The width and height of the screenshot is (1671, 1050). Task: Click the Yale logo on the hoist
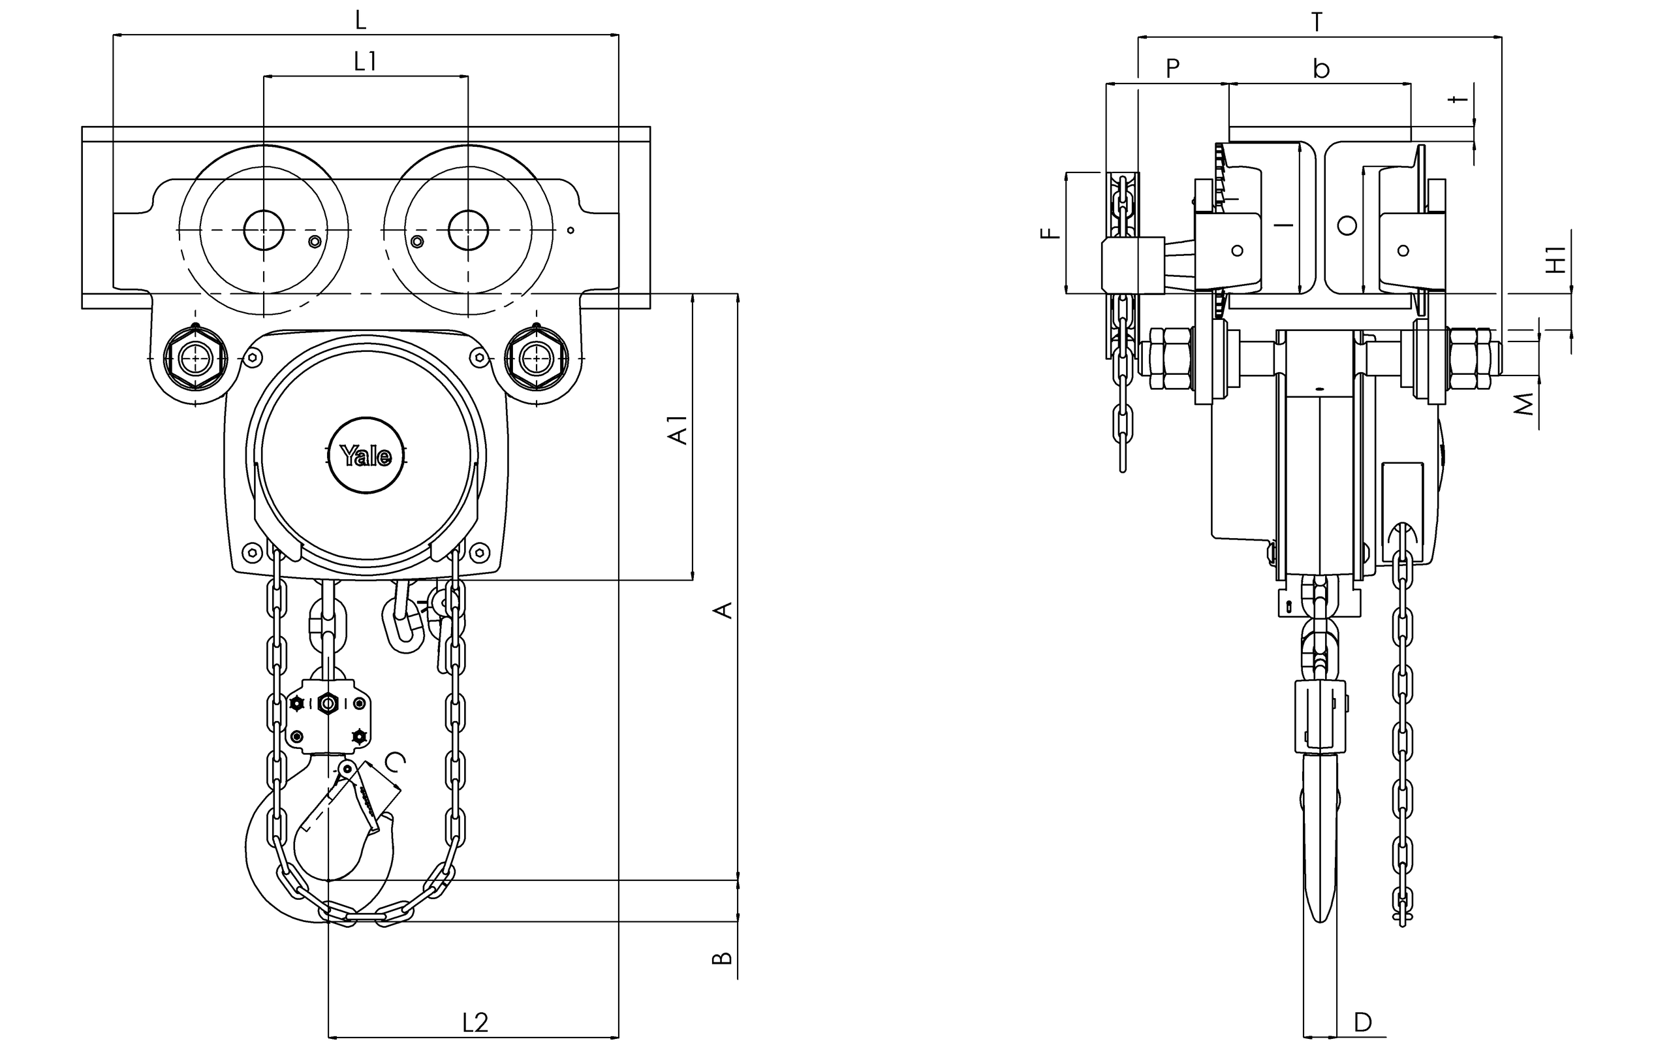366,456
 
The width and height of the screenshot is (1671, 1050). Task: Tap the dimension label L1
365,63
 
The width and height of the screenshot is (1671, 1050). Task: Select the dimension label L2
475,1022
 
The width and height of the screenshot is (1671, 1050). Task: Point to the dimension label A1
678,430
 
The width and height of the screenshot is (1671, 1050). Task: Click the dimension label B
722,958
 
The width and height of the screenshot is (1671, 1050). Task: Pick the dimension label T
1317,23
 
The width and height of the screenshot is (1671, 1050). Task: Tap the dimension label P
1172,69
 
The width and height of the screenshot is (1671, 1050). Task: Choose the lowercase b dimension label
1320,69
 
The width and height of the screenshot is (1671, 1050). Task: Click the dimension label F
1052,233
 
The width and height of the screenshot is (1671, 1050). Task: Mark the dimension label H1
1557,259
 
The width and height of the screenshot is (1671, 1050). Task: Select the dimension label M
1525,404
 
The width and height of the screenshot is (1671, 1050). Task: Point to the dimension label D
1363,1022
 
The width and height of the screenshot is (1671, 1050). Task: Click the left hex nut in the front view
196,358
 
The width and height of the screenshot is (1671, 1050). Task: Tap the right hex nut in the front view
537,358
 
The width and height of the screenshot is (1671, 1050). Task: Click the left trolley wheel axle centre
264,230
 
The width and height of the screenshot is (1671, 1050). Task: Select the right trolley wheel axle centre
469,230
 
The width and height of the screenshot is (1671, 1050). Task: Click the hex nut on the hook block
328,705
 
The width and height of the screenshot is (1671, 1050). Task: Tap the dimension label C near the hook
396,762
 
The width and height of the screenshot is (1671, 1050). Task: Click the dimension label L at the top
360,20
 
